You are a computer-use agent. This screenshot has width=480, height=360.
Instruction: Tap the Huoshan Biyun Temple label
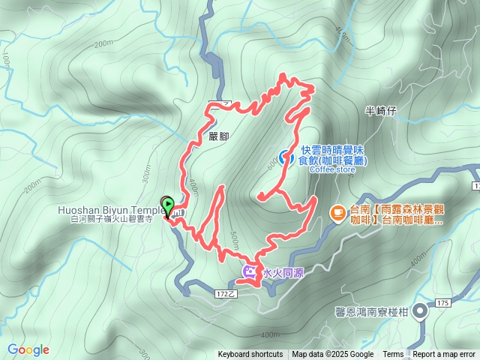(111, 210)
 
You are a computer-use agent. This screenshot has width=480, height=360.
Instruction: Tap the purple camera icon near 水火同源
(249, 271)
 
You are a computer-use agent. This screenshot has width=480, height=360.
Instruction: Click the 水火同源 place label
(277, 271)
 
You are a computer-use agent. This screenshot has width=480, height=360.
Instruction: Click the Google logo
(28, 349)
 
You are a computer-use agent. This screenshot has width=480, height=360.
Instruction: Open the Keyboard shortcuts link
(250, 355)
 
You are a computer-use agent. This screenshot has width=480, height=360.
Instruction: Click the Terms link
(393, 355)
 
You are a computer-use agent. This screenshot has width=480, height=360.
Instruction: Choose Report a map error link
(445, 355)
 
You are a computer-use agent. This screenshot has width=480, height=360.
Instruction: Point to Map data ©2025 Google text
(332, 355)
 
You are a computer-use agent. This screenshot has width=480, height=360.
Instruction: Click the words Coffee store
(332, 169)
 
